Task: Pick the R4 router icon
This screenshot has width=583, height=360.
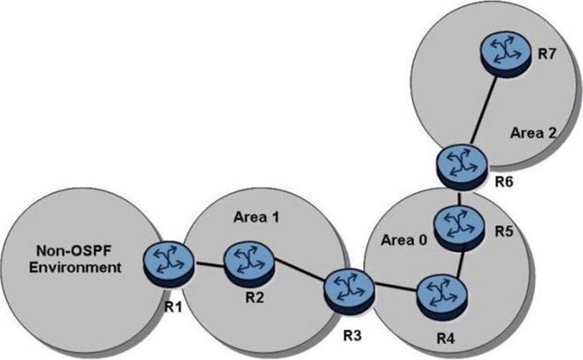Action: (x=437, y=292)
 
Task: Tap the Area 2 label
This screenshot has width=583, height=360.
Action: (x=529, y=133)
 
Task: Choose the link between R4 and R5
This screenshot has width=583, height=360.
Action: (x=463, y=260)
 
